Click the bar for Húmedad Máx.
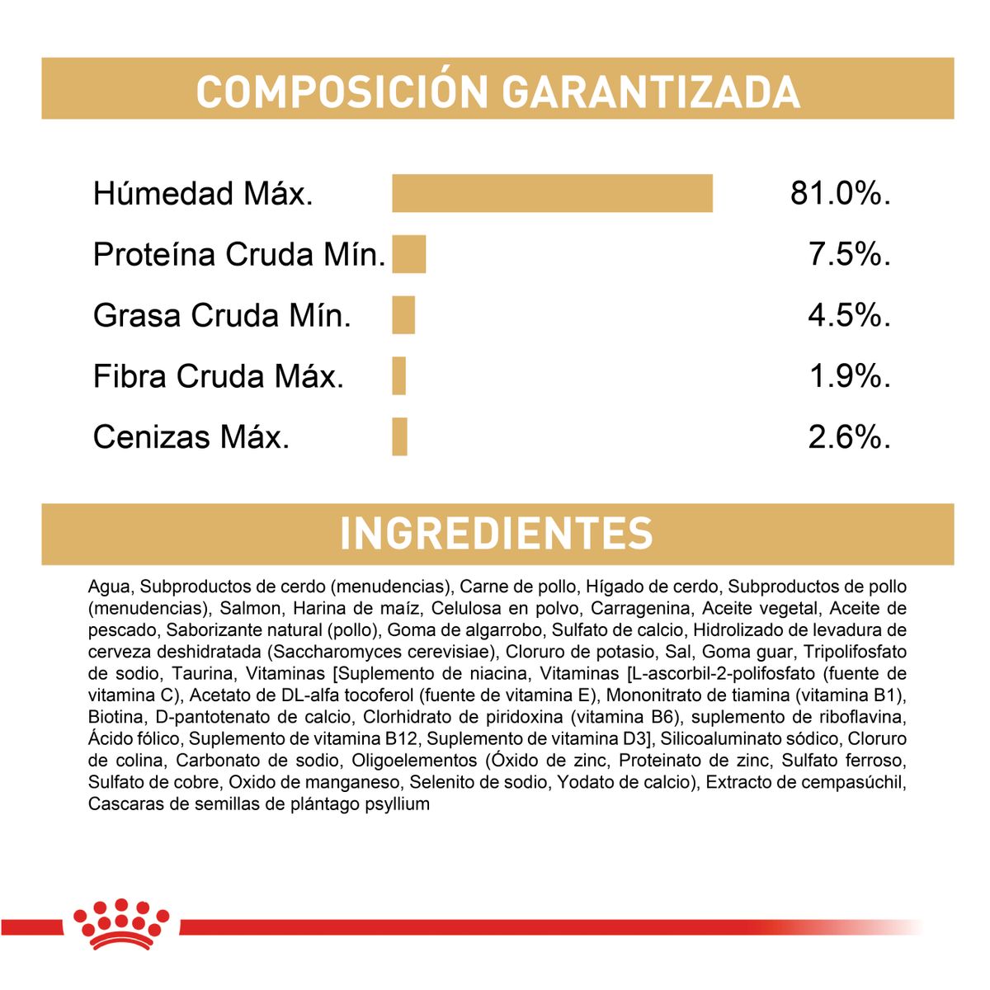[552, 193]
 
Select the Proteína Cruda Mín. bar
[408, 254]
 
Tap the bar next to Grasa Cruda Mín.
[403, 315]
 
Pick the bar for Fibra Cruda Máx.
[399, 376]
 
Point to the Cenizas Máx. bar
[399, 436]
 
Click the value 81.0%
[840, 193]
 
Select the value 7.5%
[849, 254]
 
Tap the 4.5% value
[849, 315]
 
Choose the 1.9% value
[849, 376]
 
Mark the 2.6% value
[849, 436]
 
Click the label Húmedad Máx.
[203, 194]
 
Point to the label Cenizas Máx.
[191, 436]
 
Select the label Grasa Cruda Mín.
[222, 315]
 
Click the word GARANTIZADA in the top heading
[652, 91]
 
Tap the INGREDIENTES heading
[497, 534]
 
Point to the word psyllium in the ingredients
[397, 804]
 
